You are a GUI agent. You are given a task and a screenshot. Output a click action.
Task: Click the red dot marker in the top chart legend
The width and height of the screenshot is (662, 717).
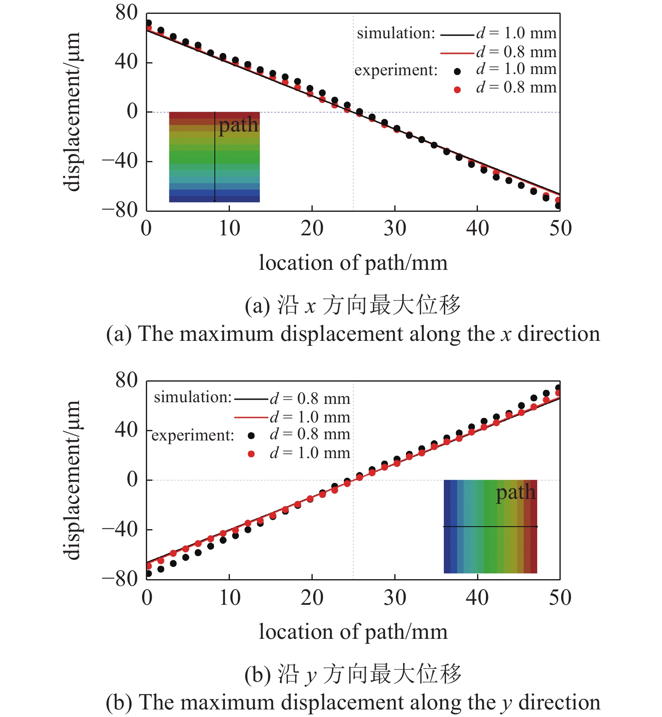click(x=457, y=90)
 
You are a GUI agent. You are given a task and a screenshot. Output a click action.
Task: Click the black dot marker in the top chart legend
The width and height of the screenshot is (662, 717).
click(x=457, y=71)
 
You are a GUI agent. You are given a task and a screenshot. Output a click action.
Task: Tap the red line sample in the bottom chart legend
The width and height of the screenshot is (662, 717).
click(x=251, y=417)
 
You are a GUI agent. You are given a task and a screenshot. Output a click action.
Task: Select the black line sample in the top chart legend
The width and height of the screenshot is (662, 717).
click(x=457, y=35)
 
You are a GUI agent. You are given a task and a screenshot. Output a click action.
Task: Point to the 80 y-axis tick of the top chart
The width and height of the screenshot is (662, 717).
click(x=127, y=13)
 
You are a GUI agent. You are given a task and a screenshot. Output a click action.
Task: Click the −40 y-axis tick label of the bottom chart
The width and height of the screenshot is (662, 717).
click(x=120, y=529)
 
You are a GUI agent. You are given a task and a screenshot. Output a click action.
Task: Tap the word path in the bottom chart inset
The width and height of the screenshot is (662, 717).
click(x=516, y=493)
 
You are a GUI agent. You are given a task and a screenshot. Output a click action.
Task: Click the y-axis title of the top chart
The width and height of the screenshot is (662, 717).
click(x=73, y=112)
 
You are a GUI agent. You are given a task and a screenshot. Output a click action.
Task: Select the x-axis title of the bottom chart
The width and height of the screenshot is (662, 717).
click(x=353, y=632)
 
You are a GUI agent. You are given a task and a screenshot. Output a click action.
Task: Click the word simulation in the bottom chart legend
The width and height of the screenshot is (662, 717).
click(x=193, y=397)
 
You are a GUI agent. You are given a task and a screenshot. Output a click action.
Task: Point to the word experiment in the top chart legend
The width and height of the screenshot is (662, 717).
click(x=396, y=70)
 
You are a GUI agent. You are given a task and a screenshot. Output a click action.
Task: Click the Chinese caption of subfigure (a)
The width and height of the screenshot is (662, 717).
click(x=353, y=305)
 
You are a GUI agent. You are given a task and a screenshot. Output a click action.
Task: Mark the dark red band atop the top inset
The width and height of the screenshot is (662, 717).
click(x=214, y=115)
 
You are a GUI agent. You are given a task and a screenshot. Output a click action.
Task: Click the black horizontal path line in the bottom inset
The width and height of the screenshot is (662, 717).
click(x=490, y=527)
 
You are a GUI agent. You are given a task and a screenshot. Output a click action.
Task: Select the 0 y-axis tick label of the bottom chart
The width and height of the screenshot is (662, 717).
click(x=132, y=480)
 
